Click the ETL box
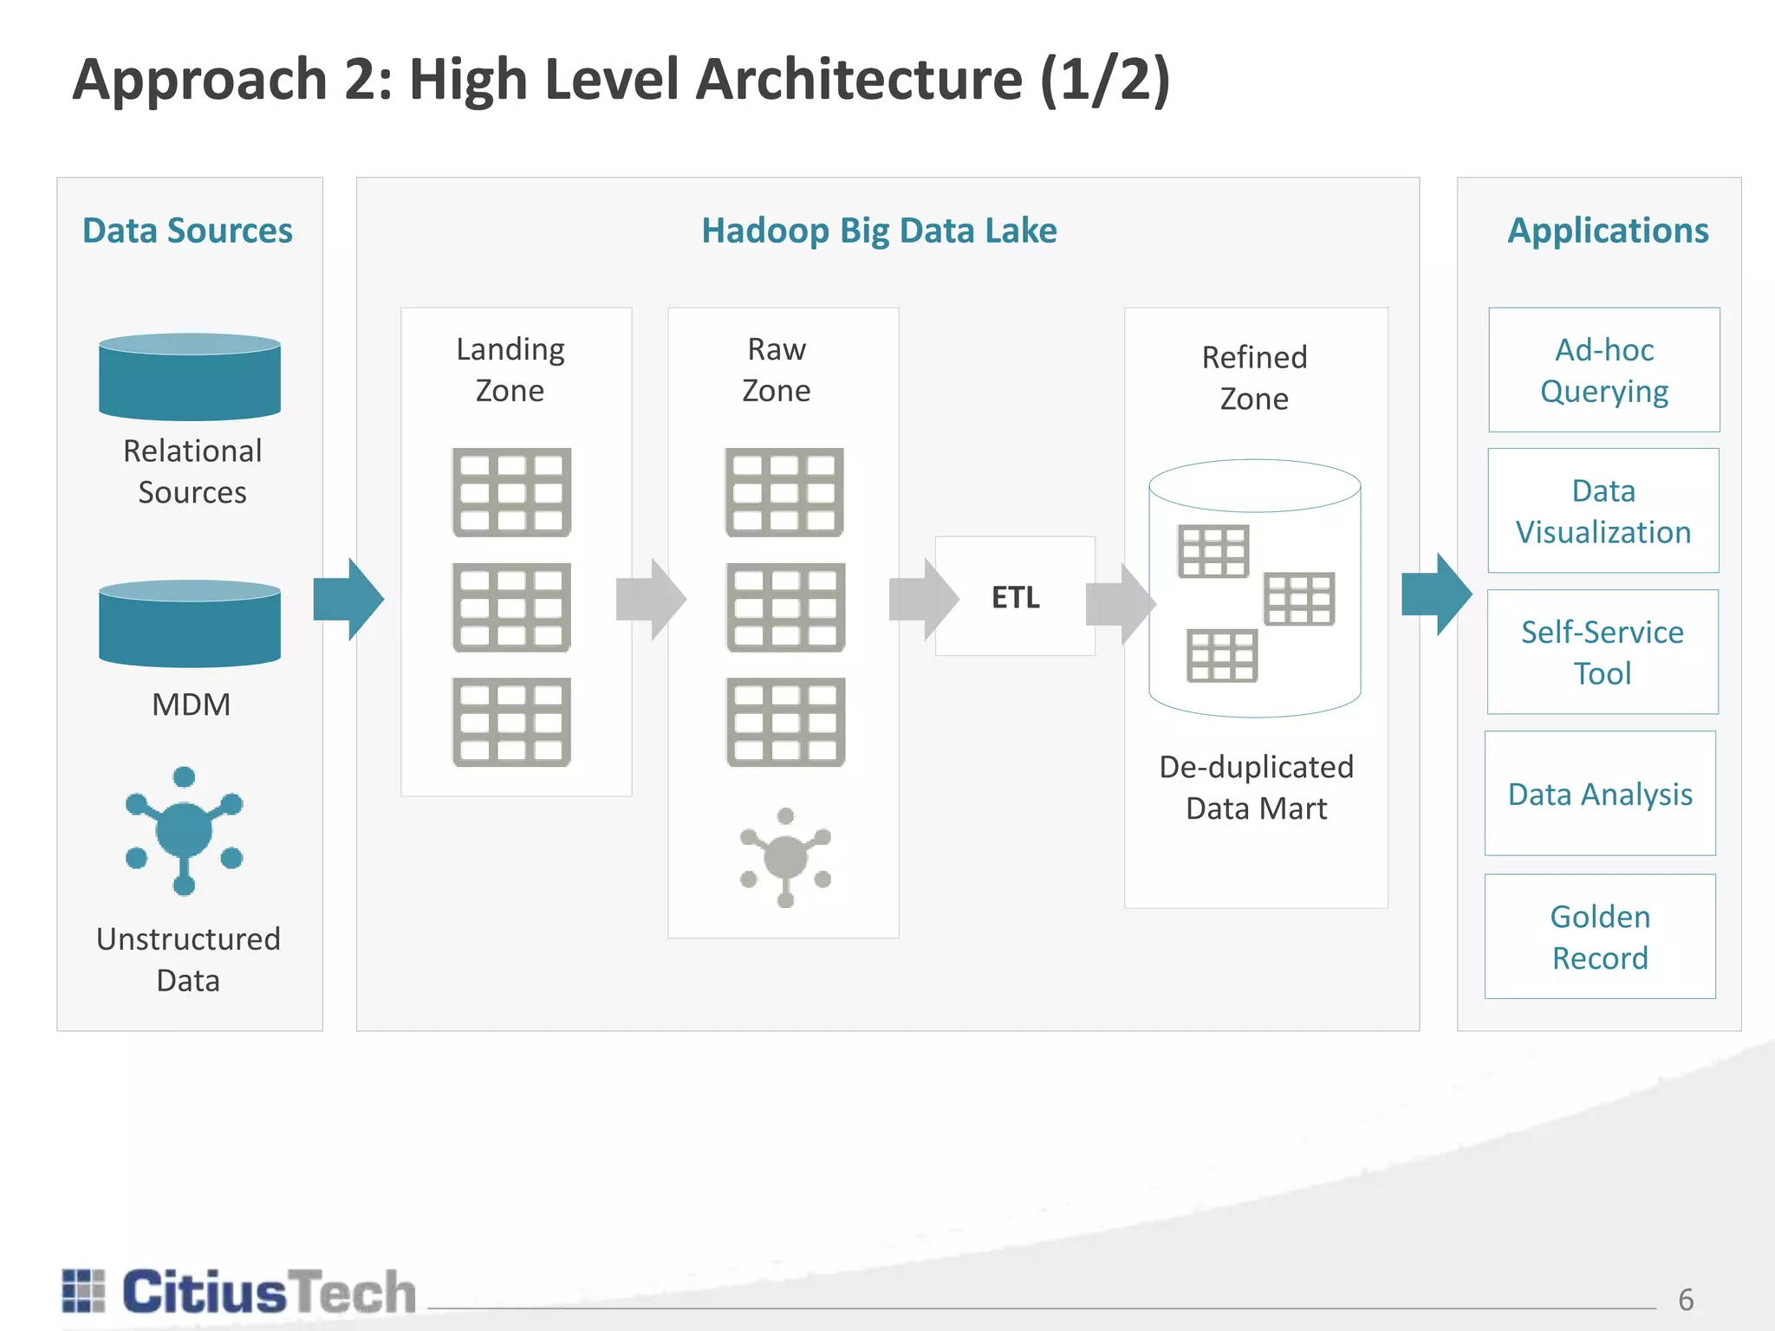tap(1015, 596)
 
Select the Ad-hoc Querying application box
tap(1603, 370)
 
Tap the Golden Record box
tap(1599, 937)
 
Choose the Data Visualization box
tap(1603, 510)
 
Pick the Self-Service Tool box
tap(1602, 652)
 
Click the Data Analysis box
tap(1599, 794)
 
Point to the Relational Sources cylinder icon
tap(190, 377)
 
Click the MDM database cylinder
tap(190, 624)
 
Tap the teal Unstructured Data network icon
tap(184, 831)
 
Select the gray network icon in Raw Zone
tap(785, 858)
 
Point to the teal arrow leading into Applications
tap(1436, 594)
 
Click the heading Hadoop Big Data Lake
tap(879, 230)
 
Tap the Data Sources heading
tap(187, 230)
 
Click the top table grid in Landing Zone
tap(511, 492)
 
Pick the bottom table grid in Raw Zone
tap(785, 722)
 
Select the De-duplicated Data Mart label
tap(1256, 787)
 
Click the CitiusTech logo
tap(239, 1292)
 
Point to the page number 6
tap(1685, 1300)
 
